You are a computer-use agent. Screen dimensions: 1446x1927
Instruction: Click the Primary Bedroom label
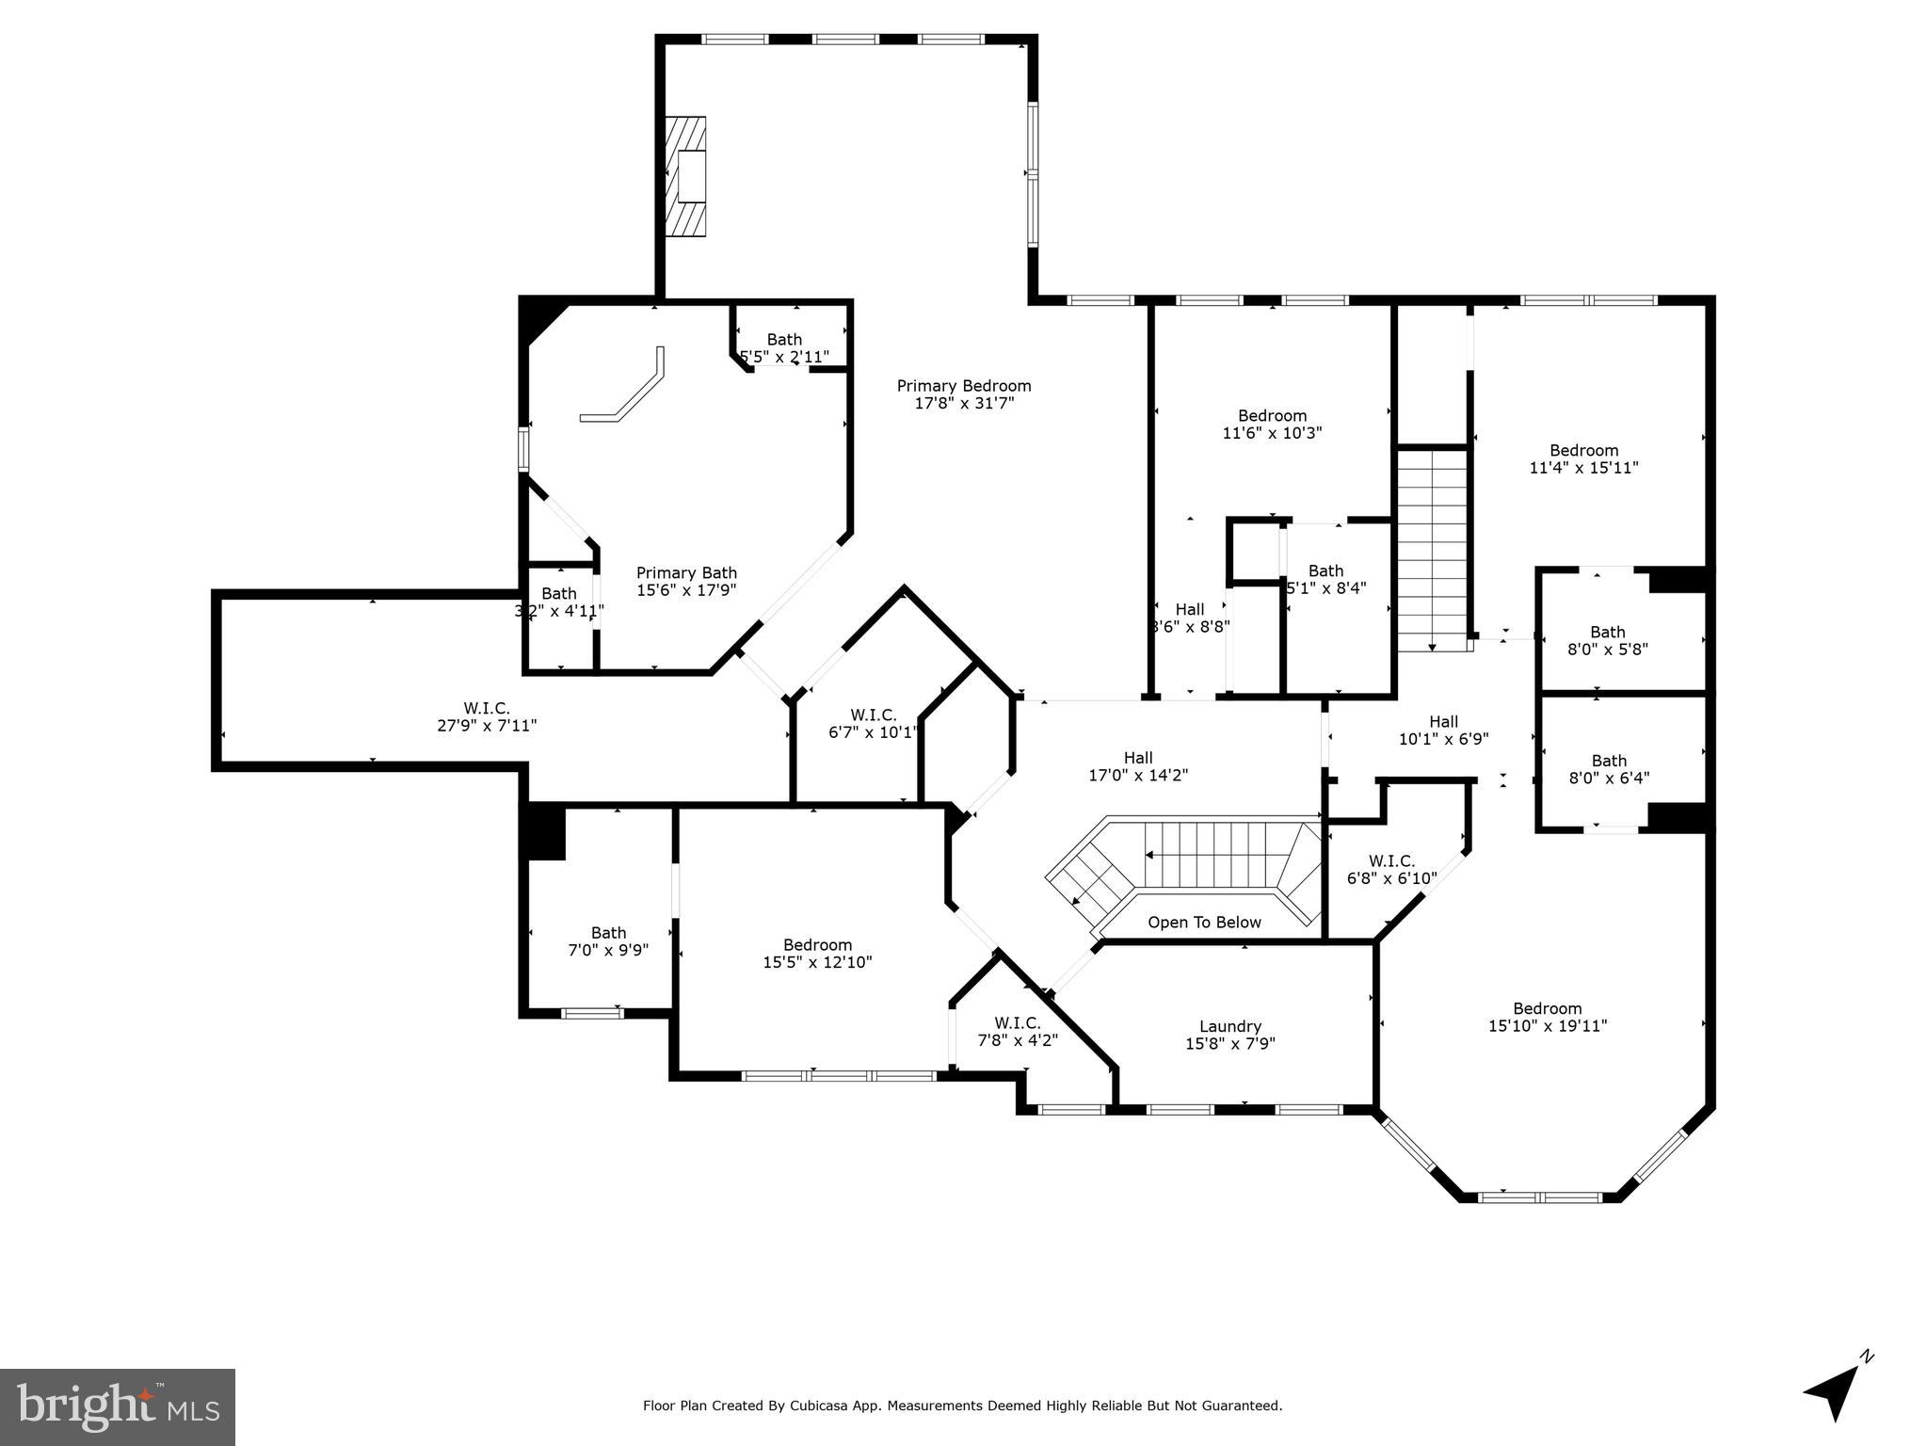963,386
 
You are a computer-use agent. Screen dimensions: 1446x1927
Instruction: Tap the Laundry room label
1229,1026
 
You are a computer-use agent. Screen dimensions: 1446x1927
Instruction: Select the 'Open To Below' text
1204,923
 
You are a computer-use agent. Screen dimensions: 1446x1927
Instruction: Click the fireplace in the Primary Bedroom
686,175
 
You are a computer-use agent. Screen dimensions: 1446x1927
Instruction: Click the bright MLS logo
118,1406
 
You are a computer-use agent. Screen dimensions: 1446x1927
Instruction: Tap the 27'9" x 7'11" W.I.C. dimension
487,726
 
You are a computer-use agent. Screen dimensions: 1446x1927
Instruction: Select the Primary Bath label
686,573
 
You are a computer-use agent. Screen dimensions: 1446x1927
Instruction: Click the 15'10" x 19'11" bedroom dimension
1547,1026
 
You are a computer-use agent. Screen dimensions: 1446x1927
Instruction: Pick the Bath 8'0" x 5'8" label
1607,640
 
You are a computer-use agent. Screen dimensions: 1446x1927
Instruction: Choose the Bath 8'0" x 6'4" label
1608,769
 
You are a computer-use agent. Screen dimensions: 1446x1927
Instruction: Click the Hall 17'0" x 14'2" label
1137,766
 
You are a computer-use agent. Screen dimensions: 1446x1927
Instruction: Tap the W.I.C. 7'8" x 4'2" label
1017,1031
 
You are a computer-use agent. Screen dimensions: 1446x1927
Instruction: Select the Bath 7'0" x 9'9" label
608,941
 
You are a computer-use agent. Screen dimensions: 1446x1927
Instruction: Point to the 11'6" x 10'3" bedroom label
1272,425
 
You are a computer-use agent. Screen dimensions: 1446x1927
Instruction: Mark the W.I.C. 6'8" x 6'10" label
1391,870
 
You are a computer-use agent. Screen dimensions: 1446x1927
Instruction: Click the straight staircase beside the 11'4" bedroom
1431,551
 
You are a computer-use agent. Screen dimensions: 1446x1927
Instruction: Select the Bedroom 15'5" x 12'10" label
817,953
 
